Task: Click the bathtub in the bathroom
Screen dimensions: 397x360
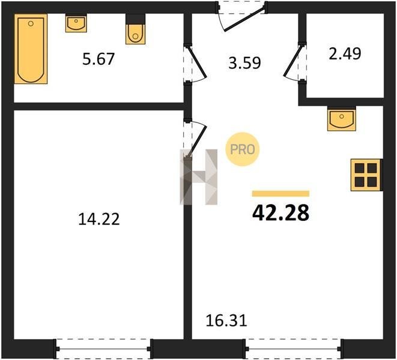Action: pos(31,49)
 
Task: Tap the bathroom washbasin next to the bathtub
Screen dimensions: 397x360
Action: pos(76,23)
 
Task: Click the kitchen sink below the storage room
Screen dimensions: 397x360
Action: pos(342,119)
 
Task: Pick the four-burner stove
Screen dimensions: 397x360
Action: pos(366,175)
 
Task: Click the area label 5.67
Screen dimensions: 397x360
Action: pos(98,59)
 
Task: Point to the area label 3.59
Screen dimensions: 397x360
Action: pos(244,63)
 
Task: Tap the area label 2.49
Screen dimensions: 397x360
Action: pos(345,54)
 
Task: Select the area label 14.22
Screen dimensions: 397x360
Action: pos(98,219)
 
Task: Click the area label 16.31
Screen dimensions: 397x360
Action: pos(226,321)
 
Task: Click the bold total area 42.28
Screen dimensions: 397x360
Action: pos(281,212)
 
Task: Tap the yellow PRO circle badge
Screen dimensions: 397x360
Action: pos(242,149)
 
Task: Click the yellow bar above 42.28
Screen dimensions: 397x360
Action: pos(280,194)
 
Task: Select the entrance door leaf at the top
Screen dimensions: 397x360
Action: pos(244,19)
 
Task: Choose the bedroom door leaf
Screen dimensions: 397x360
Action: pos(198,141)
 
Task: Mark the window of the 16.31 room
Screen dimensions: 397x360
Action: pos(294,349)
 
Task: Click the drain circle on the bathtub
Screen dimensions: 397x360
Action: pos(31,24)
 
